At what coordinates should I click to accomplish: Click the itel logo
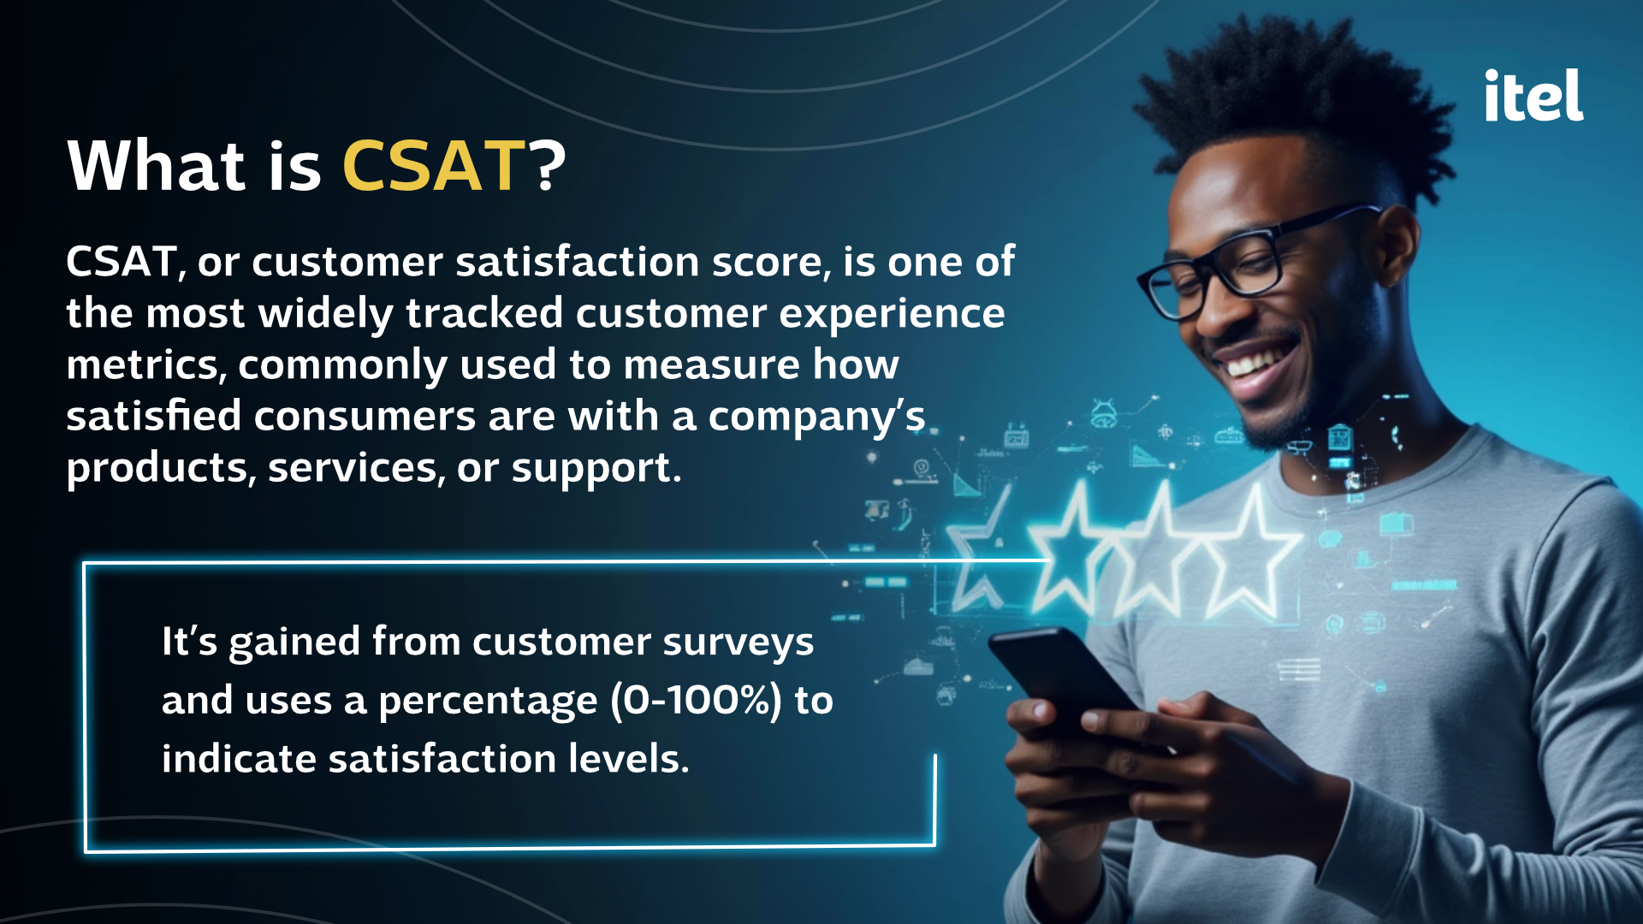[x=1534, y=95]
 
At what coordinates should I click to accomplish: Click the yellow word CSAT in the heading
[x=434, y=165]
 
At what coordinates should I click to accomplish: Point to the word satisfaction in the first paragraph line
[x=578, y=261]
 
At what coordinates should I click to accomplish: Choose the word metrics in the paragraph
[x=146, y=365]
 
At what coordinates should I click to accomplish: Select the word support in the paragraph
[x=596, y=469]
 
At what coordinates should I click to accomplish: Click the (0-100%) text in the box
[x=697, y=701]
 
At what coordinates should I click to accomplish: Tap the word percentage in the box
[x=488, y=702]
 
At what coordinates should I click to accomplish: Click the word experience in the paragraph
[x=893, y=314]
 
